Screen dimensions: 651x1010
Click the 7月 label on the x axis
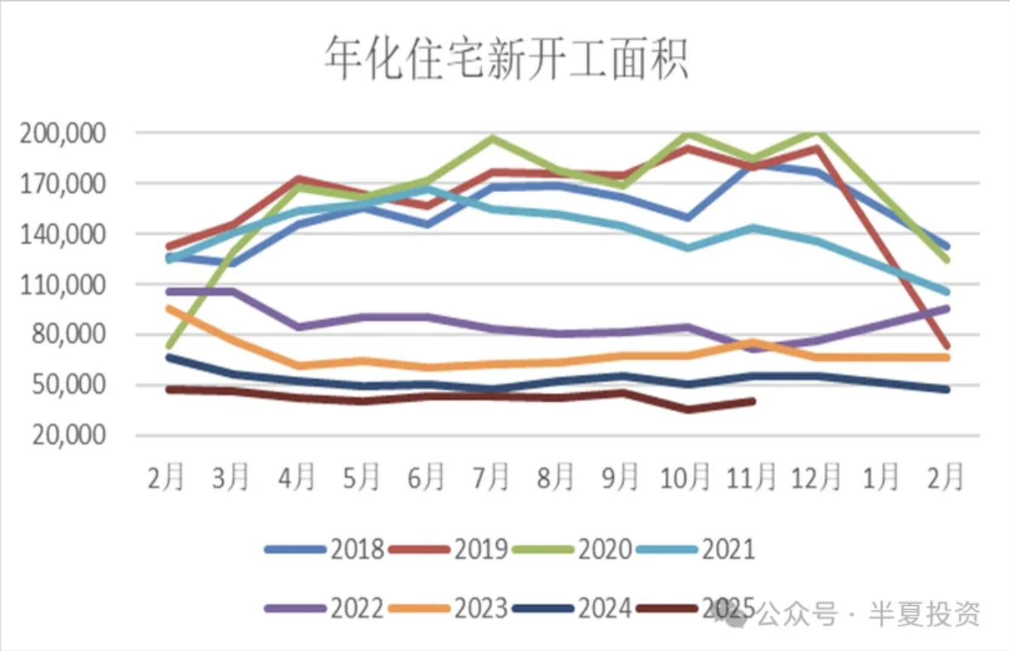[x=492, y=477]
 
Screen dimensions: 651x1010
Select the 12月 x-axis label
[x=817, y=477]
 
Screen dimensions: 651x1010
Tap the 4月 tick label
[x=297, y=477]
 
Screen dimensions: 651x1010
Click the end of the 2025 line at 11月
[x=752, y=401]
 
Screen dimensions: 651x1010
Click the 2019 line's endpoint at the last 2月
[x=947, y=346]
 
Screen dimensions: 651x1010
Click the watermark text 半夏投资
[x=924, y=615]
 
